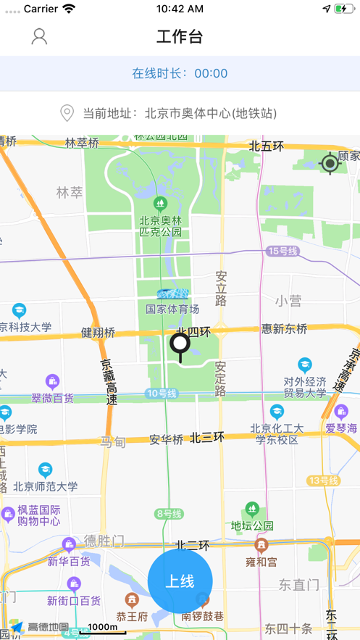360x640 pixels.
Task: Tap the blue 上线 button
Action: pyautogui.click(x=180, y=581)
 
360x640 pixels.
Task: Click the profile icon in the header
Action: pyautogui.click(x=39, y=36)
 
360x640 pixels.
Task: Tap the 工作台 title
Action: pyautogui.click(x=180, y=36)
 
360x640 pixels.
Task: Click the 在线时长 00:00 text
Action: pyautogui.click(x=180, y=73)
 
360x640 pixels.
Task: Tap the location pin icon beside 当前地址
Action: pyautogui.click(x=67, y=113)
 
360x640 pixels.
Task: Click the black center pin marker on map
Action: pyautogui.click(x=180, y=346)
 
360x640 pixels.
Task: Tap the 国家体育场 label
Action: pyautogui.click(x=172, y=309)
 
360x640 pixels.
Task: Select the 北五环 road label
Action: pyautogui.click(x=266, y=146)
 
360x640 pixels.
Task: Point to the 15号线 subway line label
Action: pyautogui.click(x=282, y=251)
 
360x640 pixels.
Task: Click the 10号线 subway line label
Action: pyautogui.click(x=161, y=393)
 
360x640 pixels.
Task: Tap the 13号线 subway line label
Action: pyautogui.click(x=323, y=480)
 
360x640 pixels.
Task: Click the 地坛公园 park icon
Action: pyautogui.click(x=252, y=509)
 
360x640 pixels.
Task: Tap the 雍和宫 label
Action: pyautogui.click(x=261, y=561)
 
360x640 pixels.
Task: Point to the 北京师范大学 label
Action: pyautogui.click(x=45, y=486)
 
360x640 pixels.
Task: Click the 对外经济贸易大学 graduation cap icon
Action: pyautogui.click(x=305, y=365)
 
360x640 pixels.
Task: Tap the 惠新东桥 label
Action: pyautogui.click(x=285, y=329)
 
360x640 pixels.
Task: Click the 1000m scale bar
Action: pyautogui.click(x=103, y=628)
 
